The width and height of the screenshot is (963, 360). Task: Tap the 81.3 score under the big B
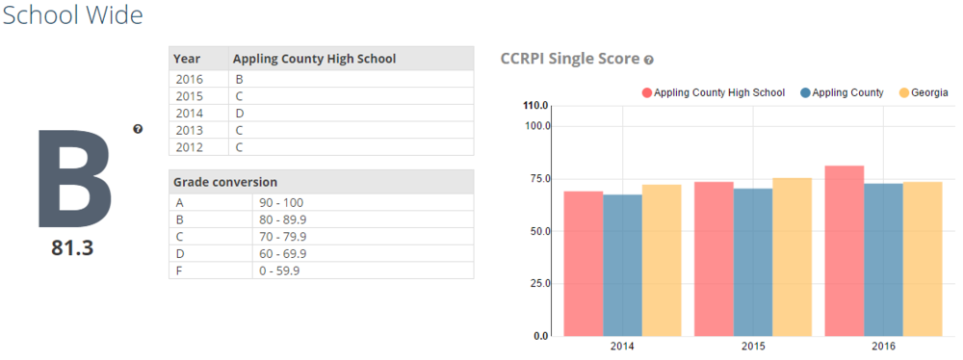[72, 248]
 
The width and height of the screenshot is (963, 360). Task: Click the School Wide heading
[72, 15]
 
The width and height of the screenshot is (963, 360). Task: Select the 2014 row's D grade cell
[240, 114]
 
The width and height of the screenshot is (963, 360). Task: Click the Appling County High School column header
[315, 59]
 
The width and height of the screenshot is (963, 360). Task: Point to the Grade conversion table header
[225, 182]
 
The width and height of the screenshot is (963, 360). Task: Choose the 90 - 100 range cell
[280, 202]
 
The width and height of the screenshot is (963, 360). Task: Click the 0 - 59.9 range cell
[280, 270]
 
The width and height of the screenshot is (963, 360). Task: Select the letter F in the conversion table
[179, 270]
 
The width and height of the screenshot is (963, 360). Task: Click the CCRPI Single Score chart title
[570, 59]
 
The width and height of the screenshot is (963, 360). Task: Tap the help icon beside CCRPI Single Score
[649, 60]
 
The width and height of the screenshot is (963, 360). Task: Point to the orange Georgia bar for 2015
[792, 257]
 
